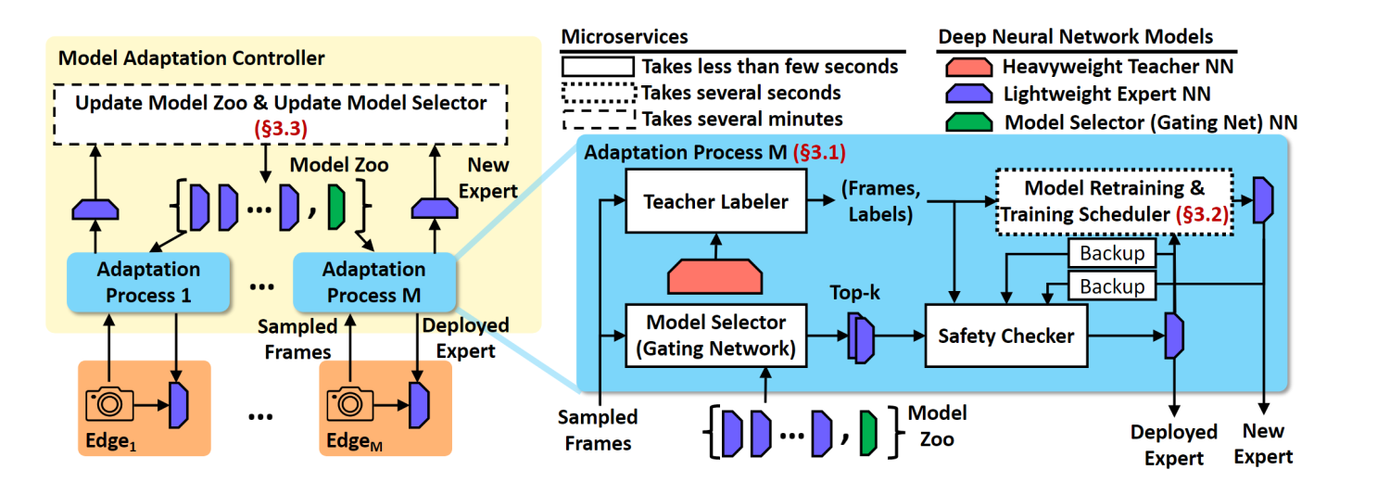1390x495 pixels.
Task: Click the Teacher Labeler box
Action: click(x=717, y=201)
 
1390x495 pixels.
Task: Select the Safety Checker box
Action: click(x=1005, y=336)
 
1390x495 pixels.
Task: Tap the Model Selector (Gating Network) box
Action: click(x=717, y=336)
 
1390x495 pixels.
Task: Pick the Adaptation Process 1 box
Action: click(x=135, y=282)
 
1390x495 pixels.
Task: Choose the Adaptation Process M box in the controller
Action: click(x=373, y=282)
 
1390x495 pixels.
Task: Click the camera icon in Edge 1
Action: click(x=109, y=403)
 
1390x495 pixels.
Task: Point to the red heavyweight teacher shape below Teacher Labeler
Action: click(x=717, y=273)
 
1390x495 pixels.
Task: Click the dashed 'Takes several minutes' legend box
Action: click(x=598, y=119)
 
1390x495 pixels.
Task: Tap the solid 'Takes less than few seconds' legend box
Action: click(x=598, y=67)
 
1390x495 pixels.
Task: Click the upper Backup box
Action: click(x=1112, y=253)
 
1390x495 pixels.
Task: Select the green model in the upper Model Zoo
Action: click(x=336, y=208)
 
